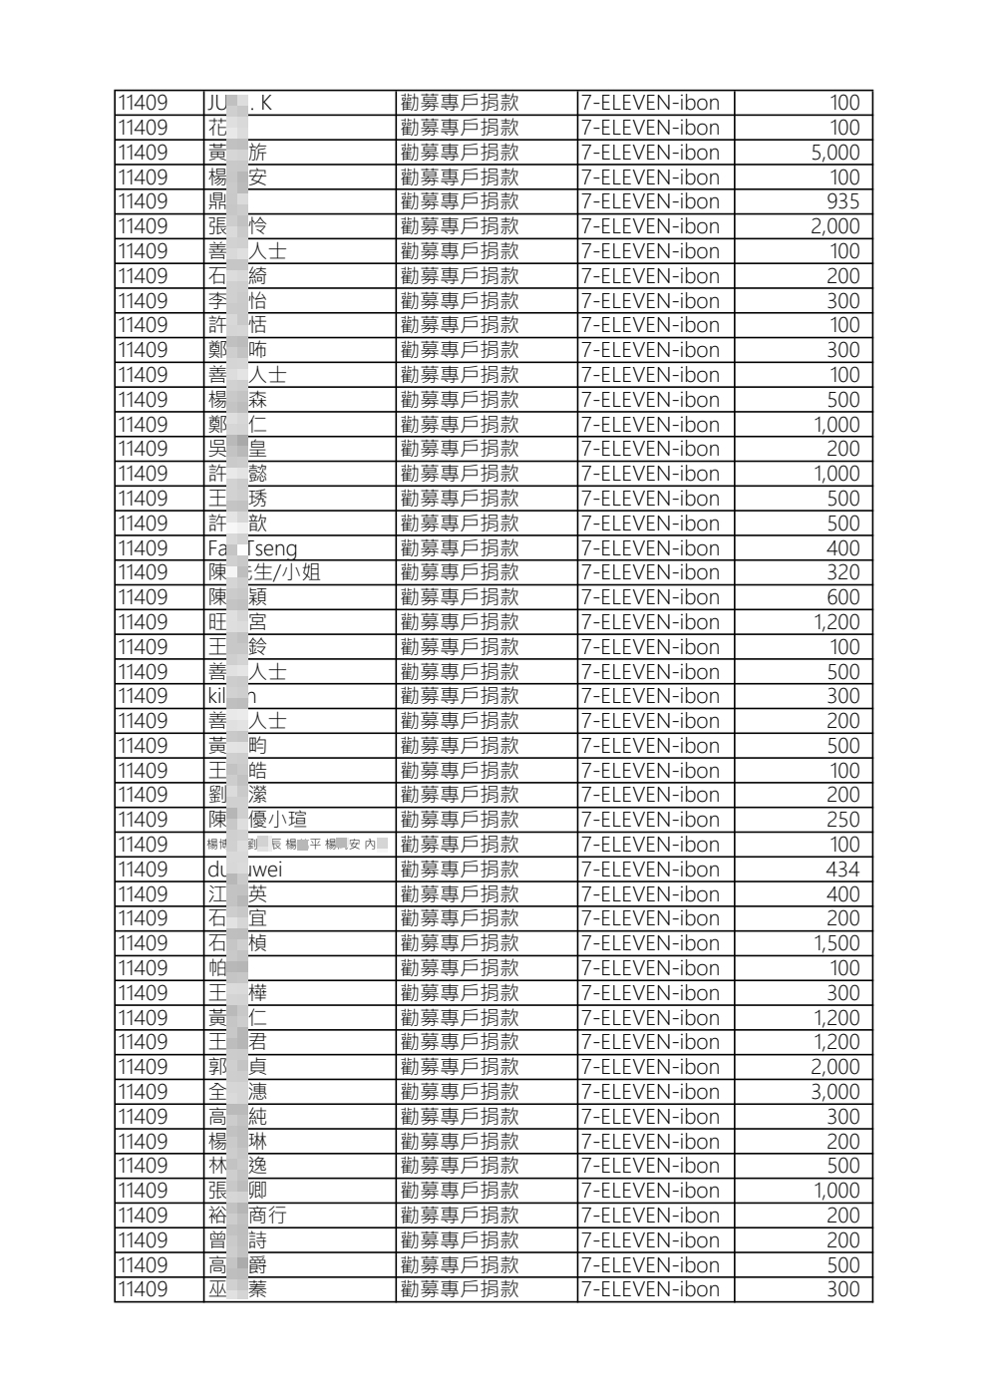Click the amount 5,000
pos(834,153)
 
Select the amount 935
pos(842,201)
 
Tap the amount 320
pos(842,572)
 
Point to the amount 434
pos(842,870)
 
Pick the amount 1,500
pos(835,943)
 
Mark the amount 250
pos(842,820)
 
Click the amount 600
pos(842,597)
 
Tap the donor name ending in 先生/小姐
pos(264,572)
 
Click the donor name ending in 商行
pos(247,1216)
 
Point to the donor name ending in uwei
pos(245,870)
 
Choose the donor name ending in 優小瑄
pos(257,820)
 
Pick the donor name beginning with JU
pos(239,103)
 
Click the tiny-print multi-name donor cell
pos(297,845)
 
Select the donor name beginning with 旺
pos(237,622)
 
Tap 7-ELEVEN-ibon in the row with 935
pos(650,201)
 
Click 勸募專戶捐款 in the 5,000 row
pos(460,153)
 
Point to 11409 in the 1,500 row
pos(143,943)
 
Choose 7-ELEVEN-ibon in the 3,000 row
pos(650,1092)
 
